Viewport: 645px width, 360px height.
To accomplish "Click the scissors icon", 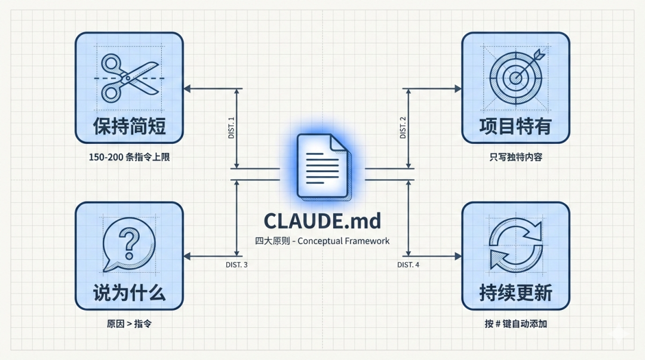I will point(129,77).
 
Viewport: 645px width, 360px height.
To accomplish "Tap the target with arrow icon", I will point(516,76).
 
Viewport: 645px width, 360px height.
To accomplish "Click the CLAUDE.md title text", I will point(322,221).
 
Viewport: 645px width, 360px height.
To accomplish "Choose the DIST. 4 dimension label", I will point(408,264).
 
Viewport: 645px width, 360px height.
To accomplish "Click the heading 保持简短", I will point(129,126).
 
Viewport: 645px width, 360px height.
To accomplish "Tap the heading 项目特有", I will point(515,126).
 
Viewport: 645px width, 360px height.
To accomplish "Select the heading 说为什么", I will point(129,293).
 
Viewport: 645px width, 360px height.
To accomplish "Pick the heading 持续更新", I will point(515,293).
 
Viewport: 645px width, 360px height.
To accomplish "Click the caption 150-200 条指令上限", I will point(129,158).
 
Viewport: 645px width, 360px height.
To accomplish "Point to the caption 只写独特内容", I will point(515,158).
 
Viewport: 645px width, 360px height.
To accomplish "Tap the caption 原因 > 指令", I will point(129,324).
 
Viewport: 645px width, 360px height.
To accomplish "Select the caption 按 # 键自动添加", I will point(515,324).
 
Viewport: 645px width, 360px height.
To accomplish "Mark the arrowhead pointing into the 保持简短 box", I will point(187,89).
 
